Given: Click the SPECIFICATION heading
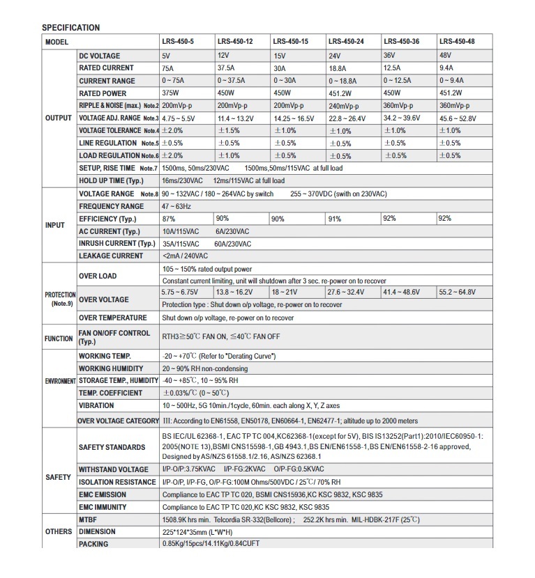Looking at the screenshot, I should click(70, 28).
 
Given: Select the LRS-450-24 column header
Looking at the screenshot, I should click(346, 42).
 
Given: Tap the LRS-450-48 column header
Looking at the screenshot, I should click(456, 42).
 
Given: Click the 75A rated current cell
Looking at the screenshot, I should click(169, 68).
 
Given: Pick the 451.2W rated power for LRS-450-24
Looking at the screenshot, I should click(341, 93).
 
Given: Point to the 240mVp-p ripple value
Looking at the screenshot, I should click(344, 106).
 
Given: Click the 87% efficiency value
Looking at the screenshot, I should click(168, 219).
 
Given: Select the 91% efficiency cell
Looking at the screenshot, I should click(335, 219).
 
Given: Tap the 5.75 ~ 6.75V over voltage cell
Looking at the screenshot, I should click(180, 292).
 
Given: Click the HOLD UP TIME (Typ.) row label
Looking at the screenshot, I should click(112, 180).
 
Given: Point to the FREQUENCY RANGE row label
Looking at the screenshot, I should click(112, 206).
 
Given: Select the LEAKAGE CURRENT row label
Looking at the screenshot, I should click(112, 256).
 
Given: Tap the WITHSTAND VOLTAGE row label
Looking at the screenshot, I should click(114, 469).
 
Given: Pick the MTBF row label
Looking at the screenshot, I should click(89, 519).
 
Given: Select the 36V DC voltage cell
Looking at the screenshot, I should click(390, 56).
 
